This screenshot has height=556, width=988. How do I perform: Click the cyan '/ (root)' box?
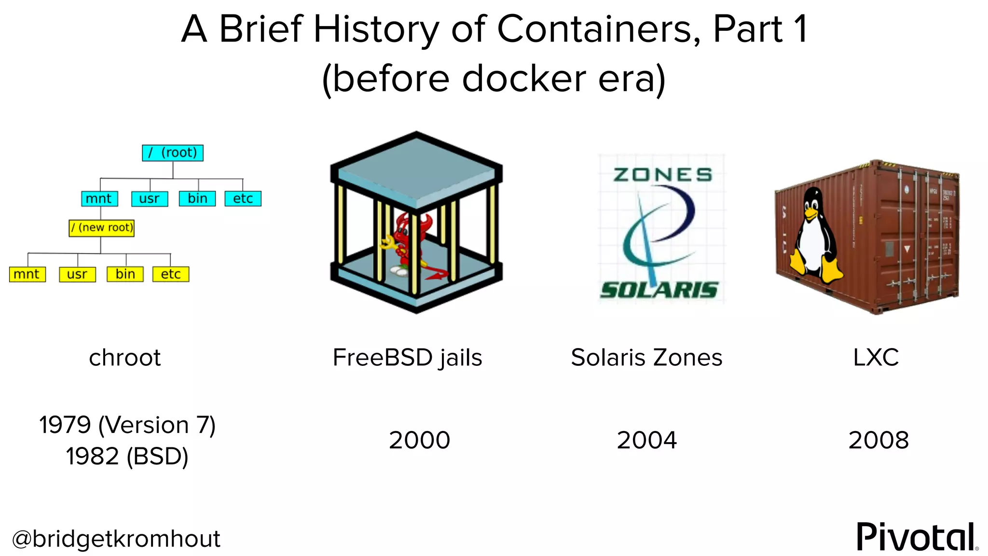tap(173, 153)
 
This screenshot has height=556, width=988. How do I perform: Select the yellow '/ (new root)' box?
tap(101, 228)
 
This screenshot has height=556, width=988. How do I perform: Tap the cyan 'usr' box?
tap(150, 199)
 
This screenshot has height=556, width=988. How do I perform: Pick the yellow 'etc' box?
tap(171, 274)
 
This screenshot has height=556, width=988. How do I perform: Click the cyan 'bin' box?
tap(197, 199)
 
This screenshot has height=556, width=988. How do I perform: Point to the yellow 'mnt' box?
tap(27, 274)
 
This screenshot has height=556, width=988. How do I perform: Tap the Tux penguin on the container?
tap(814, 236)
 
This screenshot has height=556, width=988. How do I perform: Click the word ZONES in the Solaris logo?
tap(663, 175)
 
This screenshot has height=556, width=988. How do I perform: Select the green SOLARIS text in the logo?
tap(659, 290)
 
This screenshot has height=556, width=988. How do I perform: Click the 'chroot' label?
tap(125, 358)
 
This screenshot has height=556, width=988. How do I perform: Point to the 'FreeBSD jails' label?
tap(407, 358)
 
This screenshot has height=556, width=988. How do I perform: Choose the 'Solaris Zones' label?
tap(646, 358)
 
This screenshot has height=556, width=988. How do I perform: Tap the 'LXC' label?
tap(876, 358)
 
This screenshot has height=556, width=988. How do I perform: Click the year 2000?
tap(419, 440)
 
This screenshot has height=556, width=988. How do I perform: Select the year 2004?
tap(646, 440)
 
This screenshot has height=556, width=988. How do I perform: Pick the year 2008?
tap(878, 440)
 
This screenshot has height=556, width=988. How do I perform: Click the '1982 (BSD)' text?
tap(127, 457)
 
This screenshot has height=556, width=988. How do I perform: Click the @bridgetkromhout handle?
tap(116, 539)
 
